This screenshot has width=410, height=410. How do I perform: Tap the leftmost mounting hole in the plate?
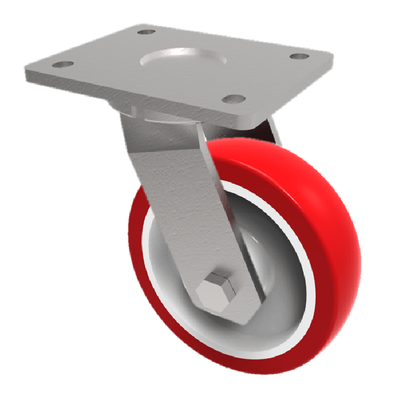pos(63,65)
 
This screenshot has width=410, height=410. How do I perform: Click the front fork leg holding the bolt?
pos(184,205)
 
